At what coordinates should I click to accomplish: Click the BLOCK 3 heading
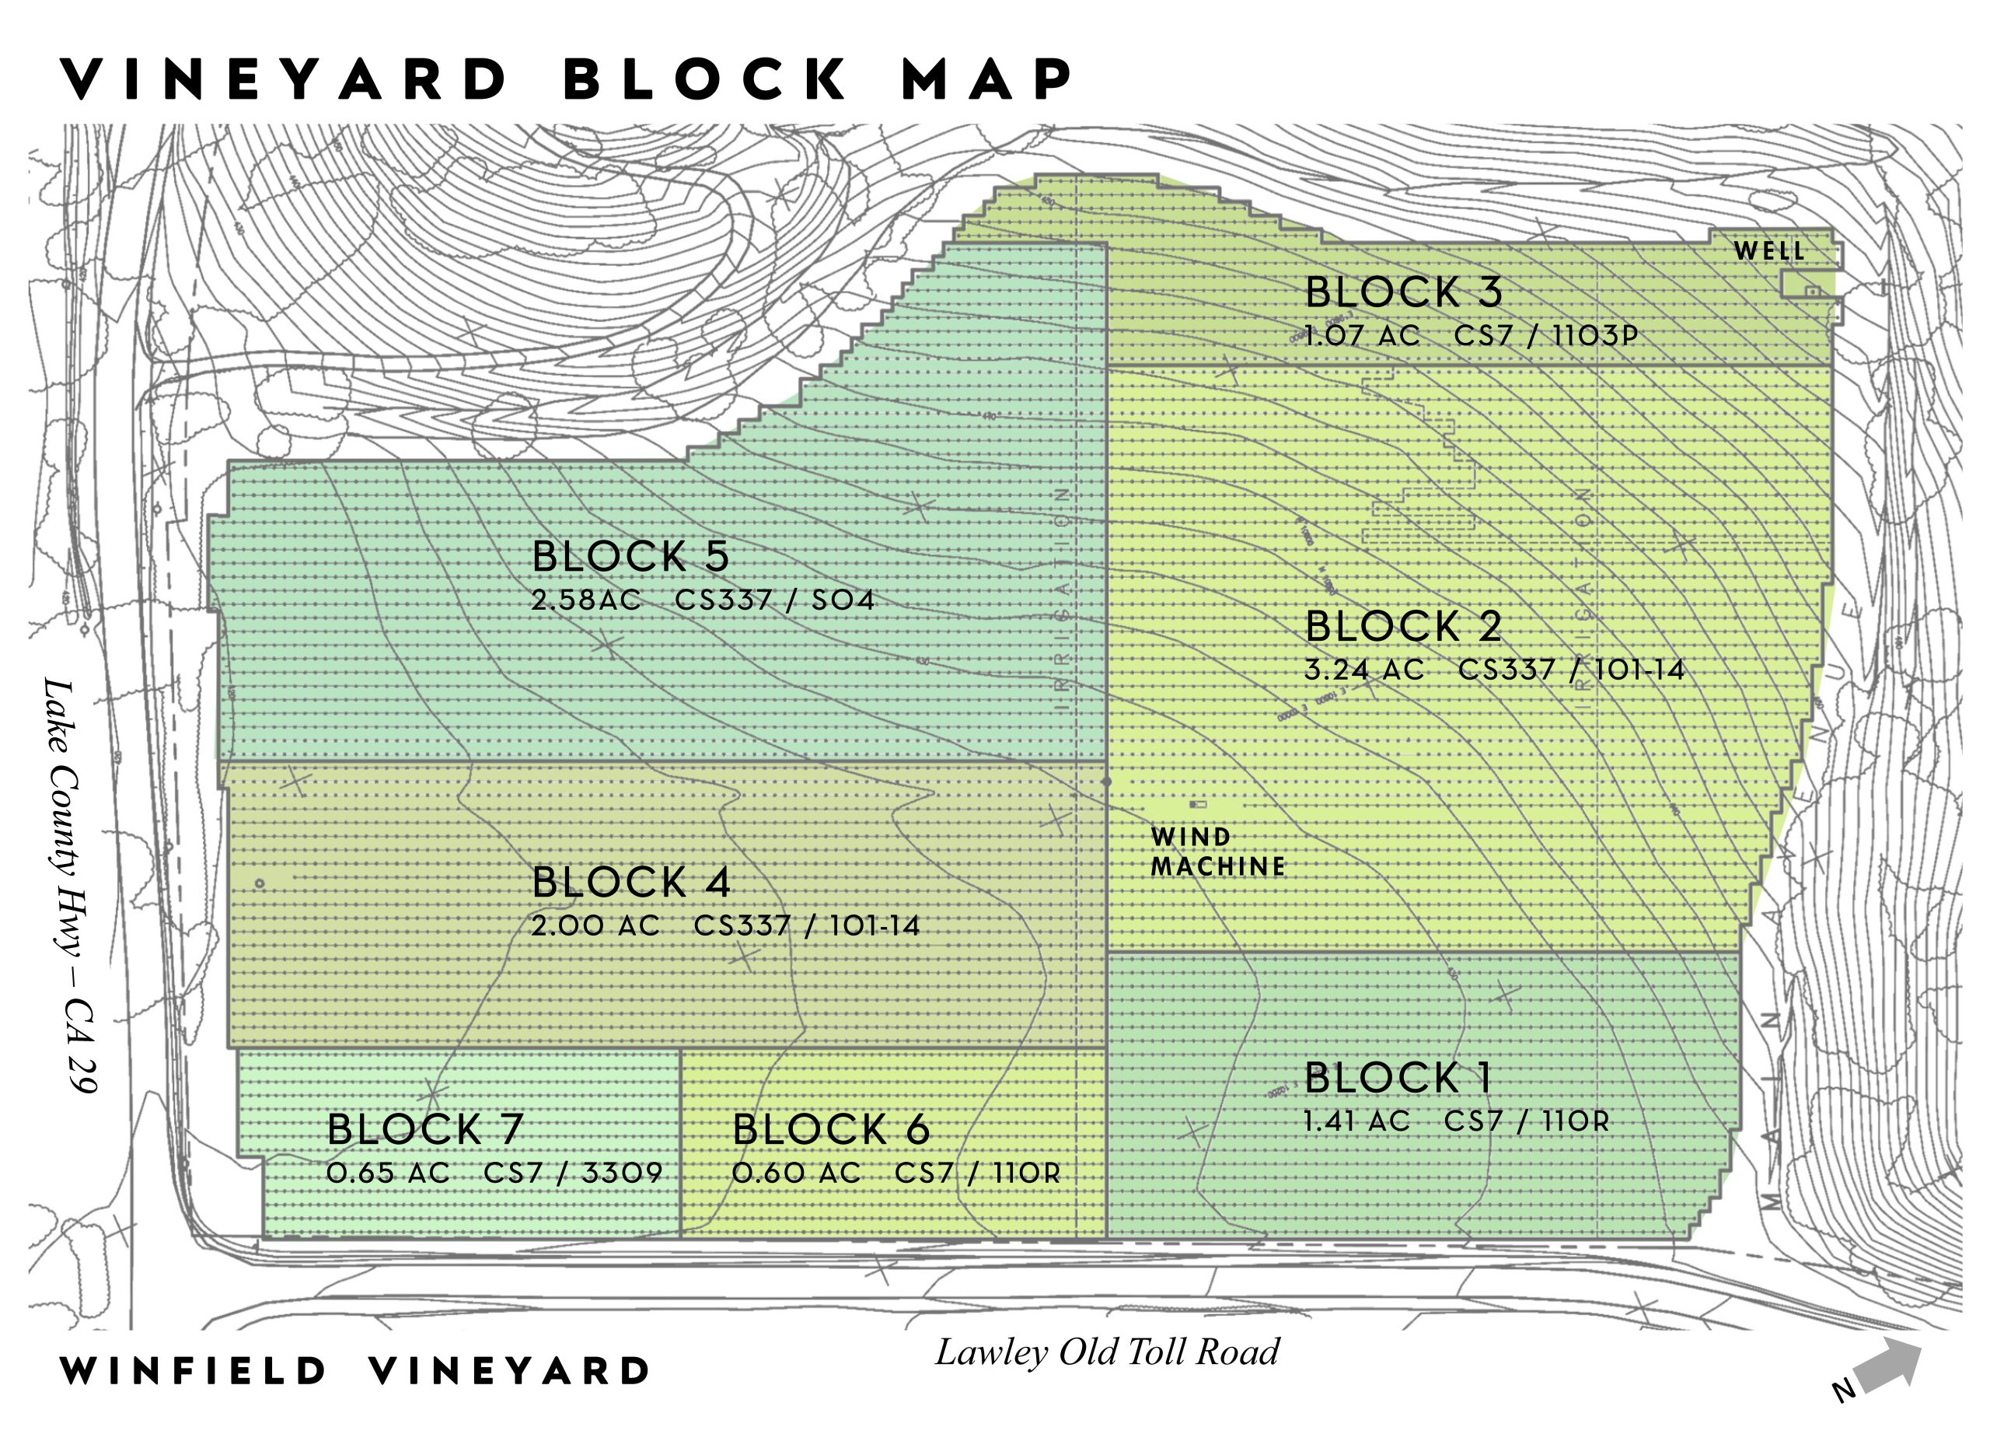coord(1403,292)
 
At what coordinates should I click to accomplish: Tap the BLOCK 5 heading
coord(630,556)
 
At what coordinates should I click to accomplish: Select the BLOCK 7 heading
coord(424,1129)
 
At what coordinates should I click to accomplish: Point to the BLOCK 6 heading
coord(831,1129)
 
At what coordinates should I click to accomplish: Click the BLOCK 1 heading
coord(1397,1078)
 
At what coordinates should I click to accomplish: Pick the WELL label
coord(1769,252)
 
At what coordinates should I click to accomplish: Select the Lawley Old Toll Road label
coord(1107,1352)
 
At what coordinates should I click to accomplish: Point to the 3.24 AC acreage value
coord(1363,670)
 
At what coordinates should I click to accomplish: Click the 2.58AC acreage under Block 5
coord(586,600)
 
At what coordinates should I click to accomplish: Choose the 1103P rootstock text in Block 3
coord(1594,336)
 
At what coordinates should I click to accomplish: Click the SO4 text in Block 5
coord(843,600)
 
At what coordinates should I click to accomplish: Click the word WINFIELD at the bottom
coord(193,1371)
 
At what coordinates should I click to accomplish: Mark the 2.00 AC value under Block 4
coord(595,926)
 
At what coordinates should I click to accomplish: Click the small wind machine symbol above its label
coord(1198,804)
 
